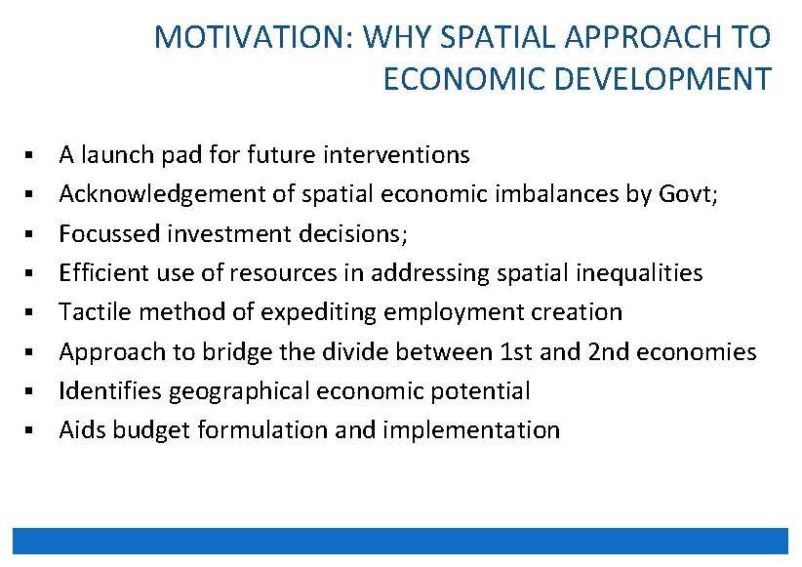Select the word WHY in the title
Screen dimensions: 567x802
click(x=394, y=37)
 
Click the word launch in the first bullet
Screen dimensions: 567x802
click(x=114, y=154)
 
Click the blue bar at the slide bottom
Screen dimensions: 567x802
click(x=400, y=541)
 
